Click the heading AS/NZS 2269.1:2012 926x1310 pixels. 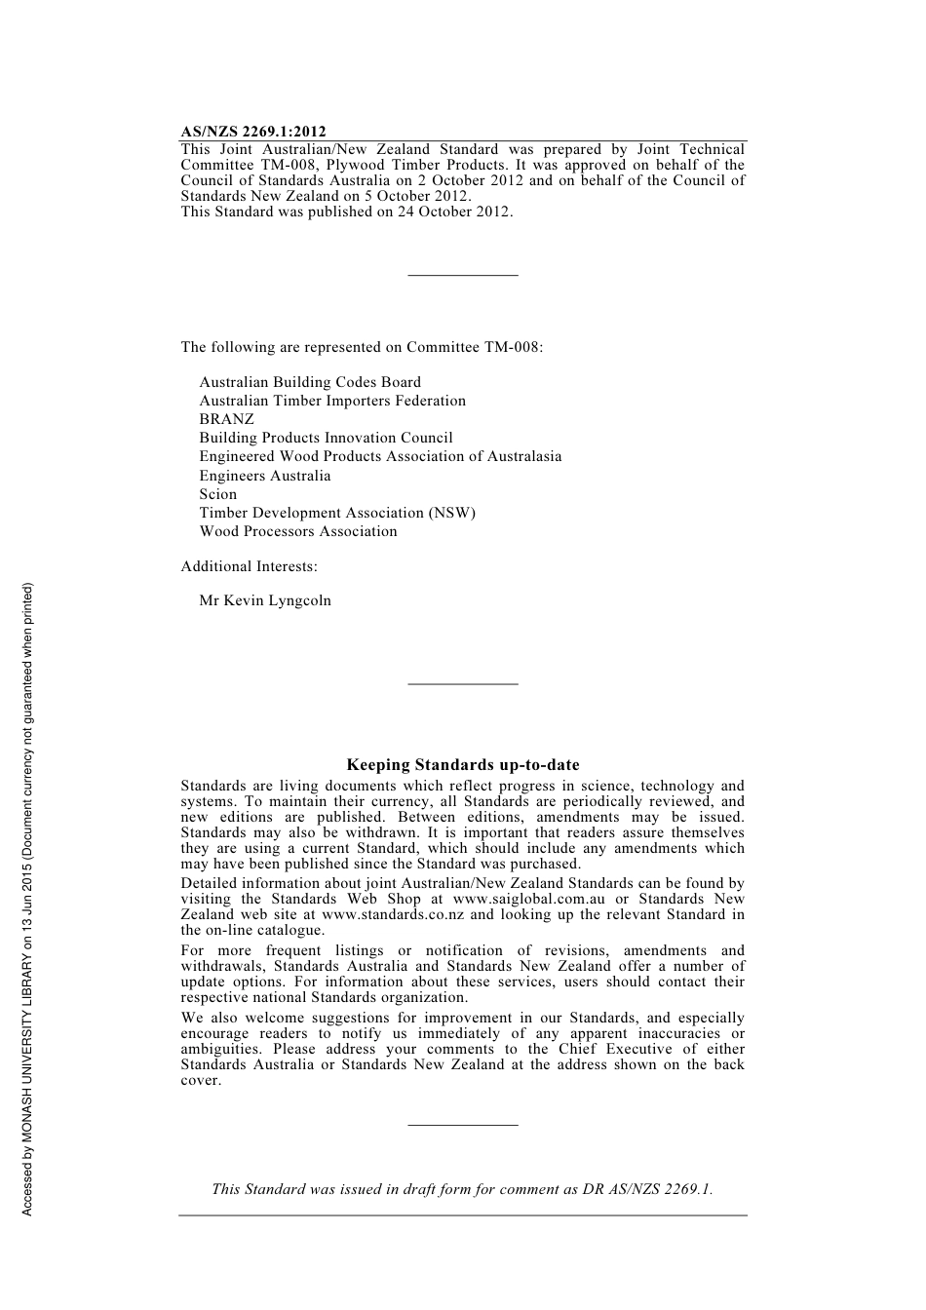(x=253, y=132)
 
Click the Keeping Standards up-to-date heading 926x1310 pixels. (x=463, y=765)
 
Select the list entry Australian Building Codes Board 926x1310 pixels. (x=310, y=382)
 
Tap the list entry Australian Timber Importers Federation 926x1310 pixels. (x=332, y=401)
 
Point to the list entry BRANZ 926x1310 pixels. (x=226, y=419)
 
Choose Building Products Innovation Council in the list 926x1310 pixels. (x=326, y=438)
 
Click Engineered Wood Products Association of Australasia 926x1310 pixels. (x=380, y=456)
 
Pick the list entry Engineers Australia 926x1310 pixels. (x=265, y=476)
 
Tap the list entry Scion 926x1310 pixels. (x=218, y=494)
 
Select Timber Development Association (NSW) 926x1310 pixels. (x=337, y=513)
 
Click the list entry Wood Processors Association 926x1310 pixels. (x=298, y=531)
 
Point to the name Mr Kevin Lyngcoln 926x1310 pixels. (x=265, y=600)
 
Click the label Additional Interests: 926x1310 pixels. (x=249, y=566)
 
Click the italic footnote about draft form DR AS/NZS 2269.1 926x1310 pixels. (x=462, y=1189)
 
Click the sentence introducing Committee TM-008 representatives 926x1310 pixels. (x=362, y=347)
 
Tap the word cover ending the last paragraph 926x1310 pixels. (x=200, y=1080)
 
